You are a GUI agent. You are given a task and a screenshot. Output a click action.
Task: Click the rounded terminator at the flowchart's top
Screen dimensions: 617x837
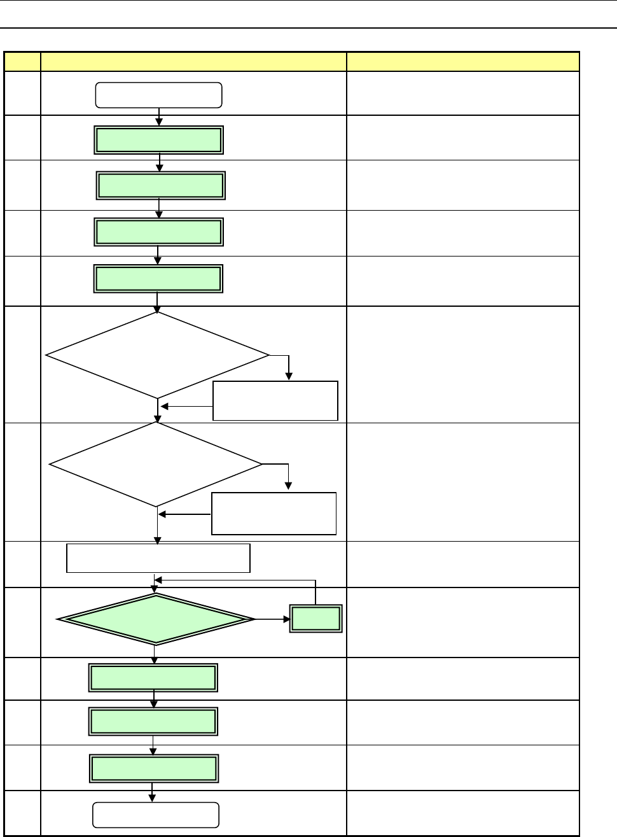pos(158,95)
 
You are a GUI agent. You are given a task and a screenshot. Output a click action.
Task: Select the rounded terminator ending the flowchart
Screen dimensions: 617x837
pos(156,815)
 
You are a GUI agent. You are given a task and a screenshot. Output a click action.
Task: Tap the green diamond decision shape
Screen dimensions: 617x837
pos(156,619)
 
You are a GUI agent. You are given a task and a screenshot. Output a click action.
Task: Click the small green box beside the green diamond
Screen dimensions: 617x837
pos(316,619)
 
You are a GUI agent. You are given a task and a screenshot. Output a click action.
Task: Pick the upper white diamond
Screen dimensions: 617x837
pos(158,355)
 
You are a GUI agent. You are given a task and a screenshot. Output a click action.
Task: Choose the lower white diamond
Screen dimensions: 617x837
pos(156,465)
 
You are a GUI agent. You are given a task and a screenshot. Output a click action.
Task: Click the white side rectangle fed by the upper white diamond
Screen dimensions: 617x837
pos(275,401)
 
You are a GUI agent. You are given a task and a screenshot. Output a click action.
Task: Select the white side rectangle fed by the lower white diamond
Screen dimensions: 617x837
pos(274,513)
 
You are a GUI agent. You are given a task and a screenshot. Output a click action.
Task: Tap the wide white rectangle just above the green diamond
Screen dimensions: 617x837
pos(158,558)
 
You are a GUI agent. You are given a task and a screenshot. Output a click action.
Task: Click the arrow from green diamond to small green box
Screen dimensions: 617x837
pos(272,619)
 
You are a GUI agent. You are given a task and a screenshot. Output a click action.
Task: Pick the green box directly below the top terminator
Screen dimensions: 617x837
pos(158,140)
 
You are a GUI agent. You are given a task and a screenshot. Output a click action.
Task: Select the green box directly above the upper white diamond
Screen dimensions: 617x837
pos(158,279)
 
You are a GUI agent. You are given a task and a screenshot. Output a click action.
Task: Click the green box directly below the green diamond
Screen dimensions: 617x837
pos(153,678)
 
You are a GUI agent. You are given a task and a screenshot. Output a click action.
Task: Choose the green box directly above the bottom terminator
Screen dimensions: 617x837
pos(154,769)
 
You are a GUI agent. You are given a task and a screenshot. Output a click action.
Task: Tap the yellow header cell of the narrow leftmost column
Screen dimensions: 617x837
pos(22,62)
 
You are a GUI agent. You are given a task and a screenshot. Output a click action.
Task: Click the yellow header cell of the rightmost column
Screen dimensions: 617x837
pos(462,62)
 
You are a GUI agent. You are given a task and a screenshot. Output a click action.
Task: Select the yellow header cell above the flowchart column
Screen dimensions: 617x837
pos(193,62)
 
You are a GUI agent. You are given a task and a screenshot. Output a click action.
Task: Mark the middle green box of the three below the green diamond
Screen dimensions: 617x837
pos(153,722)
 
